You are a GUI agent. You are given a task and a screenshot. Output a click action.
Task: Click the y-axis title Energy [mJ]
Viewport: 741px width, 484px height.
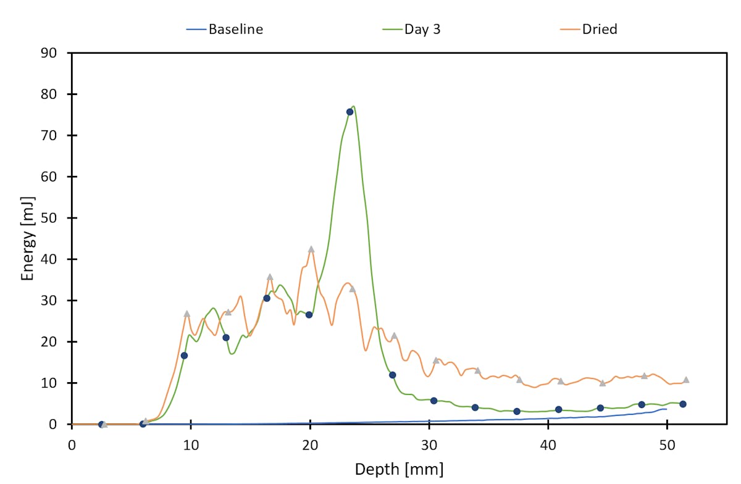pos(28,239)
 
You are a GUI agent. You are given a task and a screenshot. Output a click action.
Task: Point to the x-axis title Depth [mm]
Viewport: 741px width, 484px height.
pos(398,469)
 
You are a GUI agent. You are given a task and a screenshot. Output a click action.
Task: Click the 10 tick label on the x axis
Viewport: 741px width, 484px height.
pos(191,444)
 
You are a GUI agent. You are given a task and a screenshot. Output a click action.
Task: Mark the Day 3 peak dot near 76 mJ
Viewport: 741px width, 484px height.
pos(350,112)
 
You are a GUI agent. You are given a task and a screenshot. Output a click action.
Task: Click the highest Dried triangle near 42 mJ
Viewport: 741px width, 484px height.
pos(311,249)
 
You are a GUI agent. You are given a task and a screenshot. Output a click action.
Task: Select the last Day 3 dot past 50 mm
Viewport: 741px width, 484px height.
pos(682,404)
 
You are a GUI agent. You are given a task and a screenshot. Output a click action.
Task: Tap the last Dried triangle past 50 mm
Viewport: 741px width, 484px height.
pos(686,380)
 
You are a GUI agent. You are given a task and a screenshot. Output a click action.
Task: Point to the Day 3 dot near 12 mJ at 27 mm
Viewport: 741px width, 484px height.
pos(392,375)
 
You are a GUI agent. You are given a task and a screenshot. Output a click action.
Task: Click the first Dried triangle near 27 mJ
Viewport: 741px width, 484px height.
pos(187,314)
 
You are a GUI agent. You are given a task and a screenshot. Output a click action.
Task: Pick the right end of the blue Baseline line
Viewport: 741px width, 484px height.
pos(666,409)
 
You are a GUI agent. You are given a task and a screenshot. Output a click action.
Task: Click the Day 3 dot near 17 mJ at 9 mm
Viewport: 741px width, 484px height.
pos(184,356)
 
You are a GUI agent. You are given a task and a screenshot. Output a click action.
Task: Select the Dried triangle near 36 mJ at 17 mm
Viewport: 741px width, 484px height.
pos(270,277)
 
